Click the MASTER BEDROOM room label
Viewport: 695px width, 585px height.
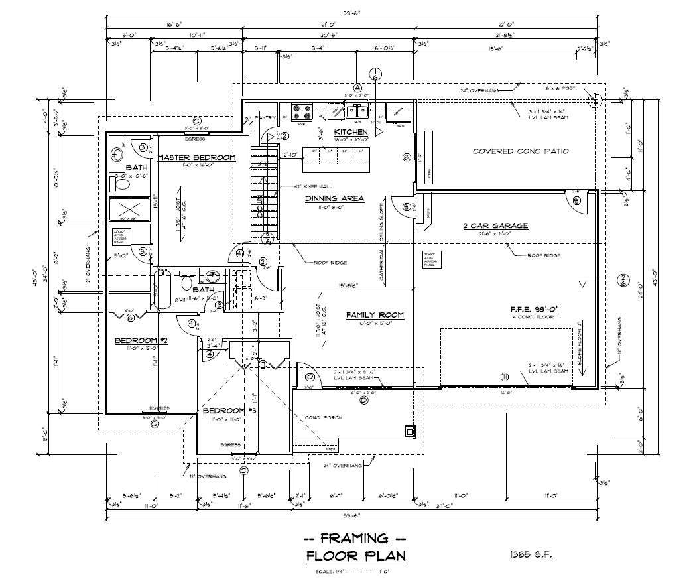click(x=196, y=157)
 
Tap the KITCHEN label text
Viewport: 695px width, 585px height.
click(x=351, y=132)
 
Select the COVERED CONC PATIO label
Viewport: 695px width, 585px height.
click(x=521, y=151)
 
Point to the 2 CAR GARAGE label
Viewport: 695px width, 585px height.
click(x=495, y=226)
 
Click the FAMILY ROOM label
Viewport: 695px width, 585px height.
click(x=375, y=314)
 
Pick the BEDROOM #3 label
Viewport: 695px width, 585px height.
click(x=233, y=410)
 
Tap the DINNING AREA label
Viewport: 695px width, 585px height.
click(x=335, y=198)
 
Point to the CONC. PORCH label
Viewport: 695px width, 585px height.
click(x=322, y=417)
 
